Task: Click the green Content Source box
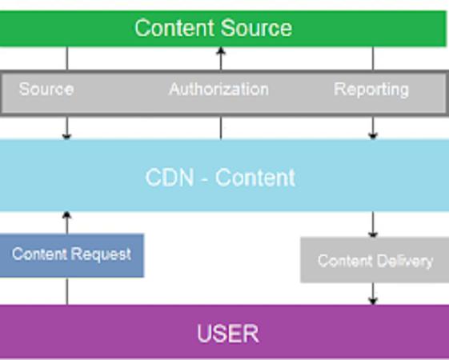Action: tap(223, 28)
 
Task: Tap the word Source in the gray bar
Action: tap(46, 89)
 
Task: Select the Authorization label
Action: tap(218, 89)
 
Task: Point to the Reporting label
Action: tap(371, 90)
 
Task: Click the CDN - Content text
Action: tap(220, 178)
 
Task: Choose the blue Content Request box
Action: tap(71, 255)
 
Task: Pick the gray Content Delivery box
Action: tap(375, 260)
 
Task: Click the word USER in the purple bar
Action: tap(228, 334)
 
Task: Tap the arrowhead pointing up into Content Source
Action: tap(220, 50)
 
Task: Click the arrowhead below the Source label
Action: tap(66, 136)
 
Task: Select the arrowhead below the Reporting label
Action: tap(372, 136)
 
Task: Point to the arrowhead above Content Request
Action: tap(66, 215)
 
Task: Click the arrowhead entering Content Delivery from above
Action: tap(372, 234)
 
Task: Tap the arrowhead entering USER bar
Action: tap(372, 301)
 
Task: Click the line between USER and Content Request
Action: tap(67, 290)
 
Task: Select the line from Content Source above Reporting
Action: tap(372, 58)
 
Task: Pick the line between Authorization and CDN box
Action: tap(220, 128)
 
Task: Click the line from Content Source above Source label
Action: tap(67, 58)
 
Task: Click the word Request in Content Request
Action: tap(101, 254)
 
